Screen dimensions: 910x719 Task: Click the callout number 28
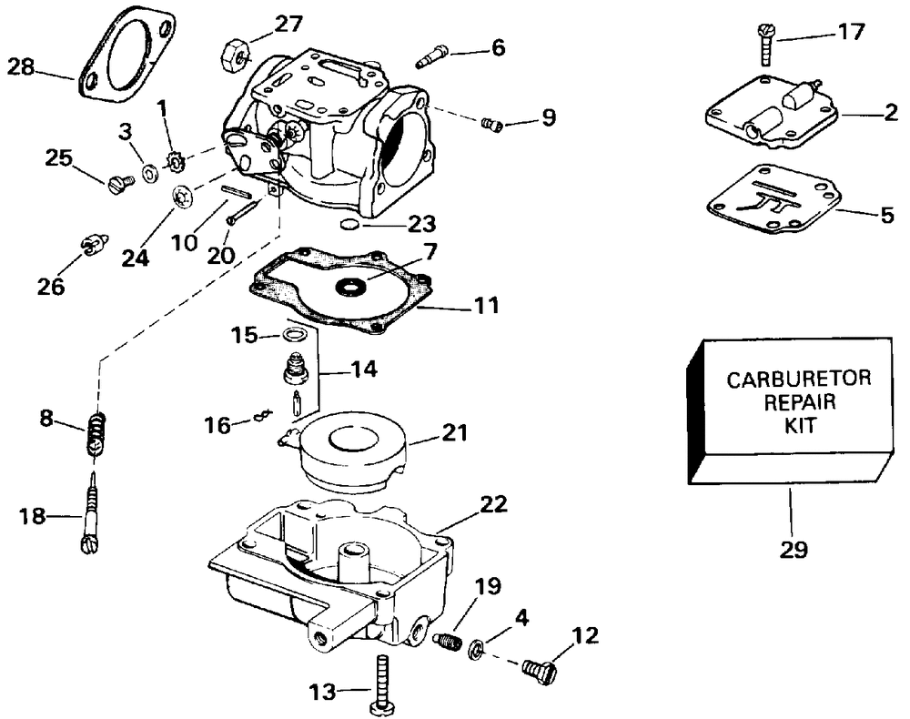tap(21, 67)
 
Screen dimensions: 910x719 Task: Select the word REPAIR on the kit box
tap(800, 401)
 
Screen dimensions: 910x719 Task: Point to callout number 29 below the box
tap(793, 549)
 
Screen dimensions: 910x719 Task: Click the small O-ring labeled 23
tap(349, 224)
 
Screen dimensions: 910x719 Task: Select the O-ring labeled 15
tap(294, 335)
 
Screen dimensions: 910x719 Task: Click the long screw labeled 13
tap(382, 684)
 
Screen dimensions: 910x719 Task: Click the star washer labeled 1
tap(174, 161)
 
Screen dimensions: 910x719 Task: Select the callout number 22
tap(492, 503)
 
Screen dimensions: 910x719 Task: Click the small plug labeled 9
tap(491, 124)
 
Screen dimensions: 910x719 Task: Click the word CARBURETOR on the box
tap(799, 380)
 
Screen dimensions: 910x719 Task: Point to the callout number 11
tap(486, 305)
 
